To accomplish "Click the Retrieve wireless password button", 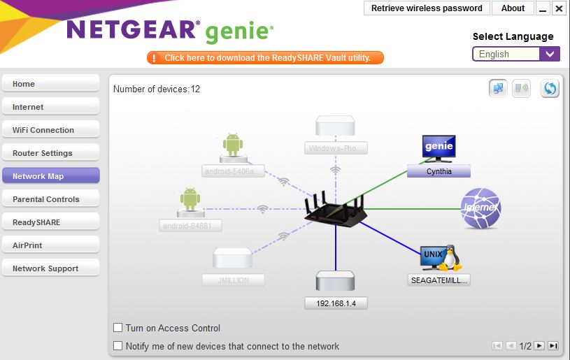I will [427, 8].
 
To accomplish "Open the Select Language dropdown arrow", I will [550, 54].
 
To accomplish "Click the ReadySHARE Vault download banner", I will [265, 58].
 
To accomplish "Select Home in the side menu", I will [50, 84].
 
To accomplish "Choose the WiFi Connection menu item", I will [50, 130].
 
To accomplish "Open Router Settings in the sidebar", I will [50, 153].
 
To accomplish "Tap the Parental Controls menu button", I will [50, 199].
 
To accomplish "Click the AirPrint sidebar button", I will [50, 245].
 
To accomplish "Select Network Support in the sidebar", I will [50, 268].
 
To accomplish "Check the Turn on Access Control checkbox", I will [118, 328].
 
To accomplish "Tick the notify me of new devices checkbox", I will [118, 346].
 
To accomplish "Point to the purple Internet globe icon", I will [480, 208].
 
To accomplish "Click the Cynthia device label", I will [439, 171].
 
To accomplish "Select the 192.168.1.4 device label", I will [336, 303].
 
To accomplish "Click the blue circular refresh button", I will [550, 89].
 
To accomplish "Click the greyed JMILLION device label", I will [234, 280].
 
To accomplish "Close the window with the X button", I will [558, 8].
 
